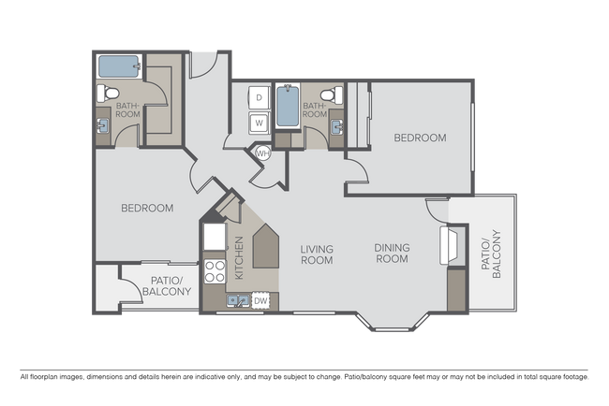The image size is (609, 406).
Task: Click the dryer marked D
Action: pos(259,97)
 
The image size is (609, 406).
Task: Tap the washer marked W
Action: pos(259,123)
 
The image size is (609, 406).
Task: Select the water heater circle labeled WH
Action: pos(263,153)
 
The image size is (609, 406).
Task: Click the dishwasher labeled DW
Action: pos(260,300)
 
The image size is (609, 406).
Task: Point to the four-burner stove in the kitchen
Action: pos(215,271)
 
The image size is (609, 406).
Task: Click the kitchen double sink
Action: pos(238,301)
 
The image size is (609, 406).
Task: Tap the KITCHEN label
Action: pos(239,257)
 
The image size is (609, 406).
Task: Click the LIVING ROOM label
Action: pos(317,254)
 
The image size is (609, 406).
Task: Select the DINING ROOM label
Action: pos(392,253)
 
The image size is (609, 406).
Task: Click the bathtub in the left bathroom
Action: pos(119,66)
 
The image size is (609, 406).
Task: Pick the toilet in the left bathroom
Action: pos(108,93)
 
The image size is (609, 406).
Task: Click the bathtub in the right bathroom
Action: pos(288,106)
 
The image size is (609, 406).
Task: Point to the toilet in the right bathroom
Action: pos(332,94)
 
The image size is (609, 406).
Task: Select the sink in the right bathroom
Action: pos(337,127)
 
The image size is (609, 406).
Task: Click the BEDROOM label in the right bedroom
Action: pos(421,138)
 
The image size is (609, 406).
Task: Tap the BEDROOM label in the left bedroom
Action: pos(147,209)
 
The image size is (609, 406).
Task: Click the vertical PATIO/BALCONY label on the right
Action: pos(491,254)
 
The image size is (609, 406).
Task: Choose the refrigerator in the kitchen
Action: pos(215,237)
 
